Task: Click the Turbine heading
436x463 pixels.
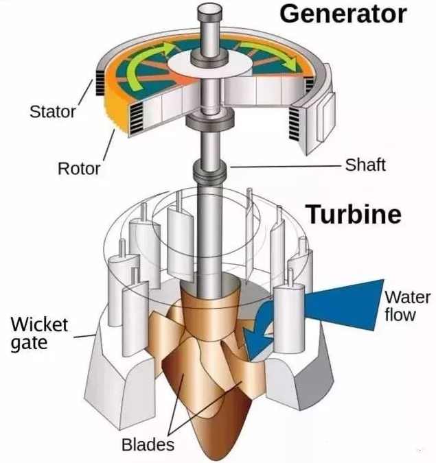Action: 353,214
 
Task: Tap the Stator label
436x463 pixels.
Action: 52,111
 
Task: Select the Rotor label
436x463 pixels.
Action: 78,167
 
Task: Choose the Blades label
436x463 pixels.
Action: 148,444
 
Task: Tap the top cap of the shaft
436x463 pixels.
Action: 211,12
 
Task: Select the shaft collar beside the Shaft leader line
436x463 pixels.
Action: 210,169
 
